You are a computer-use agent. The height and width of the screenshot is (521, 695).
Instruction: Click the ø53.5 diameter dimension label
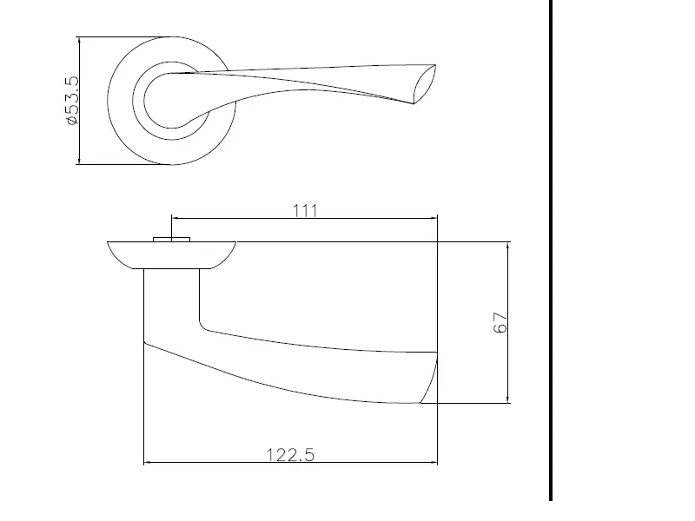coord(73,101)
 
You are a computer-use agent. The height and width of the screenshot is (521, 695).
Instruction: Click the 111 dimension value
coord(306,211)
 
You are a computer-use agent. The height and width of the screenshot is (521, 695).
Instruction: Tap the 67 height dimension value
coord(500,322)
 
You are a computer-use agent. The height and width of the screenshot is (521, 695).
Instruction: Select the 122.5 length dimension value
coord(290,455)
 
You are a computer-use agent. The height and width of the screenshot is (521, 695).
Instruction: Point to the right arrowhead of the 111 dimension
coord(434,218)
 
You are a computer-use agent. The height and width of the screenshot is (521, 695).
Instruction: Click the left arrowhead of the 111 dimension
coord(175,218)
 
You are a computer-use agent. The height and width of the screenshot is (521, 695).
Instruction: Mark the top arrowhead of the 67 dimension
coord(507,247)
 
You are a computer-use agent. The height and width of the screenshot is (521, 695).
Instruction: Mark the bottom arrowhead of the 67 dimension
coord(507,399)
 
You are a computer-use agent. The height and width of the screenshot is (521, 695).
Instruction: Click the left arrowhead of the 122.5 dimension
coord(148,463)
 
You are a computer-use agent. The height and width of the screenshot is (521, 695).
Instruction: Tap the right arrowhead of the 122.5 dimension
coord(433,463)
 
